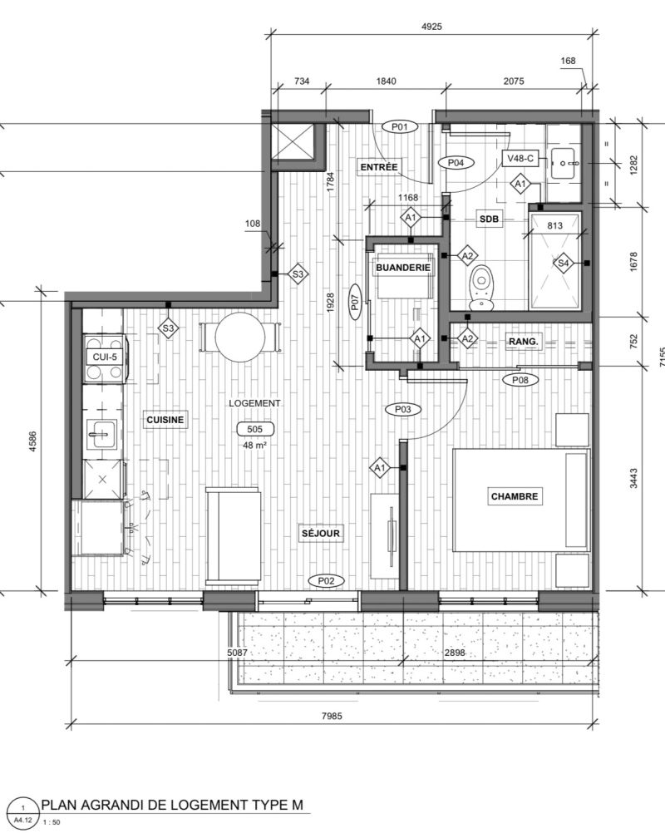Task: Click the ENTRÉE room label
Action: (379, 167)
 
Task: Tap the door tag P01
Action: (400, 127)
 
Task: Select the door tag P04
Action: (456, 163)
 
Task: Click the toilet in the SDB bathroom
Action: (482, 287)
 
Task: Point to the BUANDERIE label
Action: (403, 268)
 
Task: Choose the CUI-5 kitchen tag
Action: (105, 357)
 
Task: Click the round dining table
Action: (240, 338)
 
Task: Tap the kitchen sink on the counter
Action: (102, 434)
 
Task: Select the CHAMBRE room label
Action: (515, 496)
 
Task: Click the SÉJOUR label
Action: (320, 534)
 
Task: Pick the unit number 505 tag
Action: (255, 429)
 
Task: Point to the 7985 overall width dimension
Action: (332, 716)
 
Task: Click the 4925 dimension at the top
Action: (431, 27)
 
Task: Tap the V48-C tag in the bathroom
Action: (520, 158)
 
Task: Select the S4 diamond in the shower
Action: (563, 263)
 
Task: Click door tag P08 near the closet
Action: (520, 380)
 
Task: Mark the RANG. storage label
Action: (523, 342)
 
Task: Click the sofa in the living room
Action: (234, 535)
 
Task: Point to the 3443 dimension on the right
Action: (633, 478)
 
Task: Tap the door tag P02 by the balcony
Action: (326, 581)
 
